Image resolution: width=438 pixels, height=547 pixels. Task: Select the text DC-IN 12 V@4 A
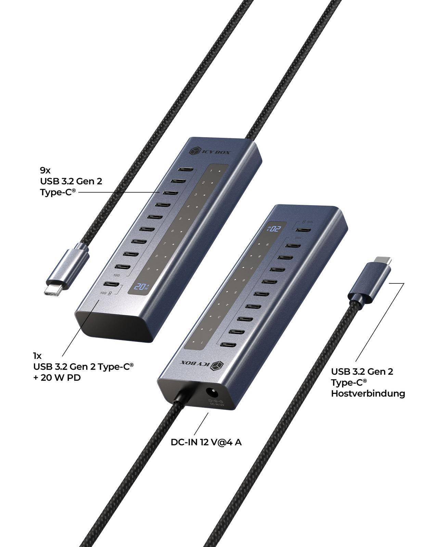point(206,442)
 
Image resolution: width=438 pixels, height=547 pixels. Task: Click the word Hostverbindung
point(368,393)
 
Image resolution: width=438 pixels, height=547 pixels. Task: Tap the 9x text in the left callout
point(45,170)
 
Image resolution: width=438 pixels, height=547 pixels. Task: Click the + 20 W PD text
point(57,378)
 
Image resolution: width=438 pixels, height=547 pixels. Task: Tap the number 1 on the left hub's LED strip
point(211,171)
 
